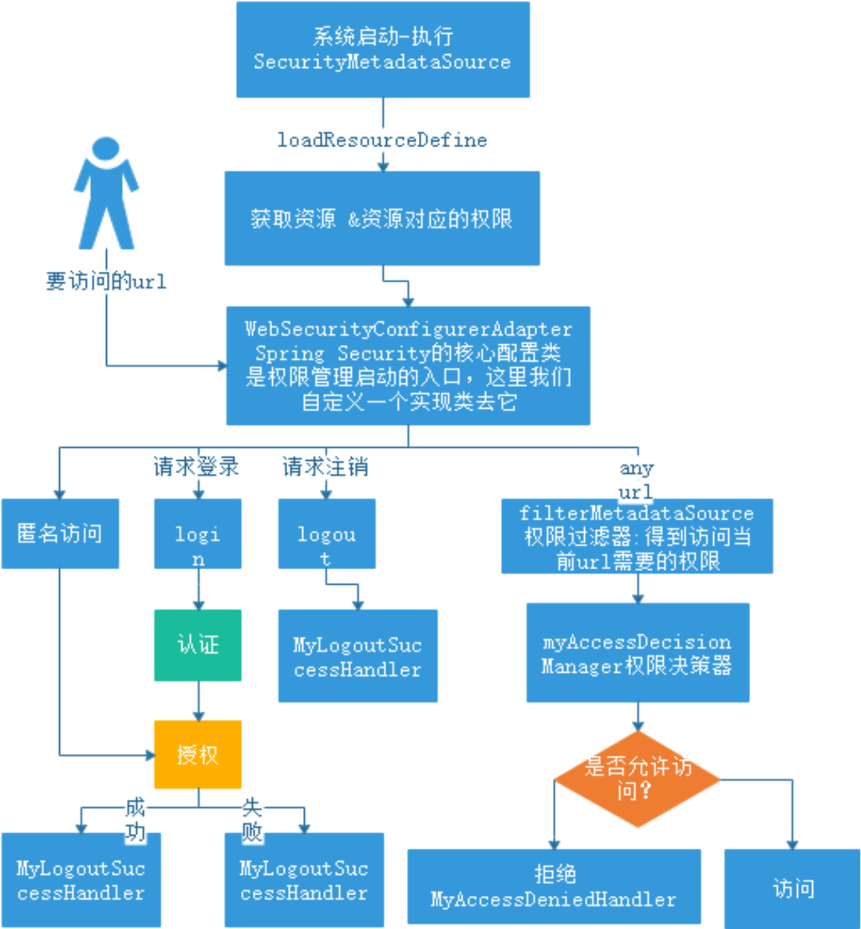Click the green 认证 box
(197, 645)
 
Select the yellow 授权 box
(197, 754)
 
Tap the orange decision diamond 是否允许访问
(637, 778)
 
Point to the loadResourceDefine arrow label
(382, 140)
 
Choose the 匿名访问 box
(60, 533)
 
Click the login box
(197, 534)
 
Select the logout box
(326, 534)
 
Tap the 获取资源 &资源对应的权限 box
(382, 218)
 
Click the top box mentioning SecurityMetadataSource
(382, 50)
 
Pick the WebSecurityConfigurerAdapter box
(408, 365)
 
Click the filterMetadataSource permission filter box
(637, 537)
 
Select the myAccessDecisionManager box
(638, 653)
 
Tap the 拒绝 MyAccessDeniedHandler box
(554, 886)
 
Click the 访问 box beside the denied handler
(793, 888)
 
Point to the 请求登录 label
(196, 467)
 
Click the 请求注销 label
(325, 467)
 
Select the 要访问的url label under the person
(106, 281)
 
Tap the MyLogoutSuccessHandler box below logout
(358, 656)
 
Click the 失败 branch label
(252, 819)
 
